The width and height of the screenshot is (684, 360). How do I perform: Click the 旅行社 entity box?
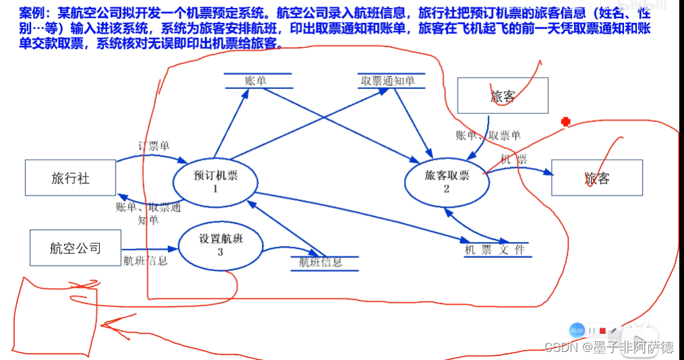click(70, 178)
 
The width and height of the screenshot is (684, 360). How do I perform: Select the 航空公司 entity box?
click(75, 247)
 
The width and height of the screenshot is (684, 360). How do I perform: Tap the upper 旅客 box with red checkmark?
click(503, 96)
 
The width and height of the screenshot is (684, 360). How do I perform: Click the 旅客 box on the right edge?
click(596, 178)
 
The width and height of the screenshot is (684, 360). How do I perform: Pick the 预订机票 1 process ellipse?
click(215, 181)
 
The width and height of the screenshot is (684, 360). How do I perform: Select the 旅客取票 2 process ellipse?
click(446, 181)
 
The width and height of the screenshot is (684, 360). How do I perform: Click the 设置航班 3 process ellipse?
click(221, 245)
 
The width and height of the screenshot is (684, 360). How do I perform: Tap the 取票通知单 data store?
click(388, 81)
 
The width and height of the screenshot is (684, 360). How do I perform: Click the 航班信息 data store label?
click(320, 262)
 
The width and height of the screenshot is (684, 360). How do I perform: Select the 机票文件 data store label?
click(494, 250)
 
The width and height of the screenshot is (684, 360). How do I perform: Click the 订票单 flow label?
click(154, 146)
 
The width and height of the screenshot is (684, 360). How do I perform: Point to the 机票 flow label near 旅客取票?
click(513, 159)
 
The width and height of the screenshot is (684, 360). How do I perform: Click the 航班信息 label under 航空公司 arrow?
click(145, 261)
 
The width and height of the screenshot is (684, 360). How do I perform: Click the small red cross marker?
click(566, 122)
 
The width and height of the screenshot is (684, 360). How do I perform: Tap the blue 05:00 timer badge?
click(577, 330)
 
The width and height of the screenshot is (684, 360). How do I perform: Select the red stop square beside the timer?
click(602, 331)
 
